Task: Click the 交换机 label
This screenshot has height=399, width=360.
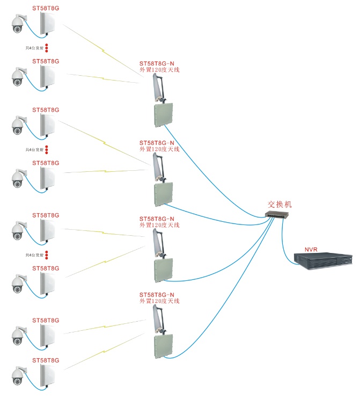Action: point(280,205)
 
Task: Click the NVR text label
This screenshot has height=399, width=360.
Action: point(312,249)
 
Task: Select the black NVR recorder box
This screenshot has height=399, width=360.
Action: point(324,262)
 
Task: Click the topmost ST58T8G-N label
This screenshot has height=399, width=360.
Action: point(157,63)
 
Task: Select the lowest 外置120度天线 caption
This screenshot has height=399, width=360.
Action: point(159,301)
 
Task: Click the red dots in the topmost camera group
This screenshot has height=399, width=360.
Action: point(47,48)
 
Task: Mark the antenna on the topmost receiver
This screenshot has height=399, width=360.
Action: point(157,89)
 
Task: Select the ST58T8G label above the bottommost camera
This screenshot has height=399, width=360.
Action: point(46,360)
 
